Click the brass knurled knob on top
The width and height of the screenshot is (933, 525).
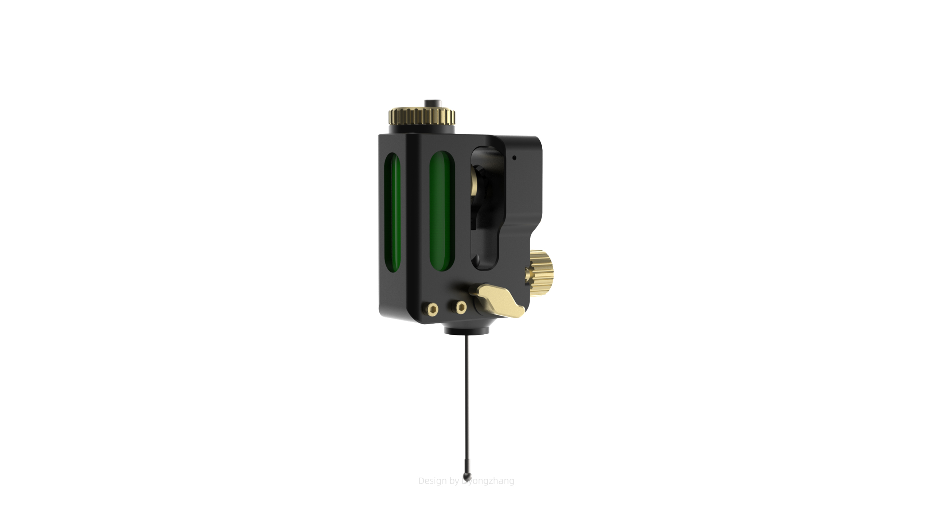click(422, 116)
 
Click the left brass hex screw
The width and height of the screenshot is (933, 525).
click(433, 310)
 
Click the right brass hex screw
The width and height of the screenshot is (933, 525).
click(461, 307)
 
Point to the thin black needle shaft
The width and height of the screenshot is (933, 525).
click(466, 401)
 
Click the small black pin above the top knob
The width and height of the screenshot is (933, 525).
click(433, 103)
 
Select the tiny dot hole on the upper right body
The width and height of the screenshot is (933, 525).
click(514, 158)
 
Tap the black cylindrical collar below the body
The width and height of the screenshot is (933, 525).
click(466, 330)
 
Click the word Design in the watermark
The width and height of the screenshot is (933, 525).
click(433, 481)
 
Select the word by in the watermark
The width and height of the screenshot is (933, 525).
click(454, 481)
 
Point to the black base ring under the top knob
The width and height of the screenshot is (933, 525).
click(422, 129)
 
